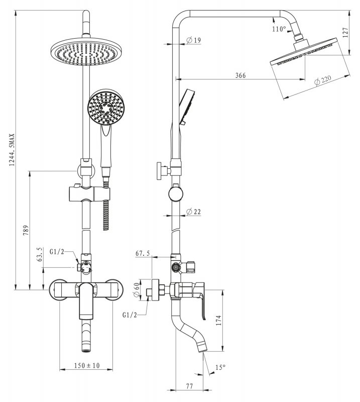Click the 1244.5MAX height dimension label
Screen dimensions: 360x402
click(x=12, y=150)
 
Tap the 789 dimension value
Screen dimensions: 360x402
click(x=26, y=231)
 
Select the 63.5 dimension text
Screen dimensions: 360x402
click(x=40, y=254)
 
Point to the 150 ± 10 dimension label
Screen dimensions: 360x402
click(x=86, y=365)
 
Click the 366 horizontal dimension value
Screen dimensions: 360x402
click(x=241, y=75)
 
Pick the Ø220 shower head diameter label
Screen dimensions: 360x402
click(x=322, y=80)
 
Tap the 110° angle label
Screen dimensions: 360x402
click(x=279, y=29)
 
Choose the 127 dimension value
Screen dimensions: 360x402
click(x=345, y=33)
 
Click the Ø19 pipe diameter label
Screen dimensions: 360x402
click(x=194, y=40)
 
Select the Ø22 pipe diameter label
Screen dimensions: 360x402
click(x=194, y=212)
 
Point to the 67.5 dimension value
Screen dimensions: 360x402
click(x=143, y=254)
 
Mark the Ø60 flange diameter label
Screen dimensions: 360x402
click(x=137, y=290)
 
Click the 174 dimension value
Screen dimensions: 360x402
click(x=218, y=321)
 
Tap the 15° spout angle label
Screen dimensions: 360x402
click(x=220, y=367)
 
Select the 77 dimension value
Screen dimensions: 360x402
click(x=189, y=386)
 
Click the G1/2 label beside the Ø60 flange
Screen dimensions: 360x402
click(x=130, y=315)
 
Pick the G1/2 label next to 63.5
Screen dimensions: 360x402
click(x=57, y=252)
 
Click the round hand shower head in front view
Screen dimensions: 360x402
click(x=106, y=107)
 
